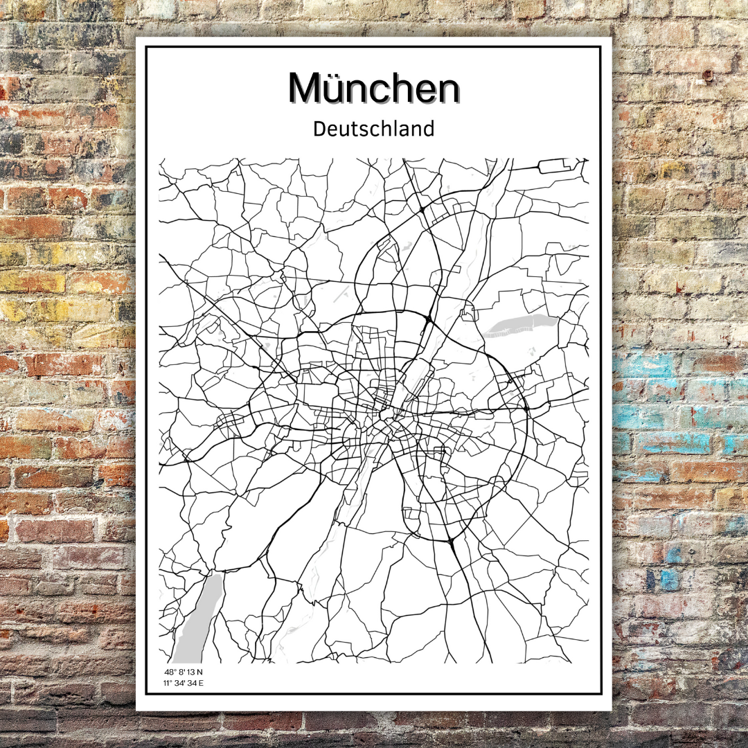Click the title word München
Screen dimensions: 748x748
click(374, 89)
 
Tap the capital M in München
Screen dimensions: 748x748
click(306, 89)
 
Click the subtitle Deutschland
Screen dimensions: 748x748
click(374, 129)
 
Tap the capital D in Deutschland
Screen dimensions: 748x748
click(319, 129)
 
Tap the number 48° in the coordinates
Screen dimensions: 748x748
click(169, 673)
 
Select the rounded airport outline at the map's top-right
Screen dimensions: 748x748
click(554, 166)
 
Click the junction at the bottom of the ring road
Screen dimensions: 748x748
click(449, 541)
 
